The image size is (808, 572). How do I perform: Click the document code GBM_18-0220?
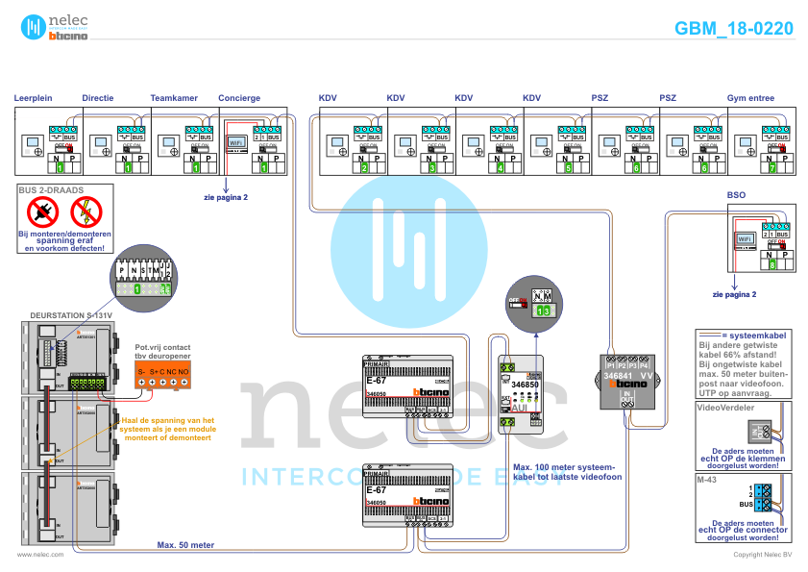[733, 29]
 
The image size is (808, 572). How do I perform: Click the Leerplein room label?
[33, 98]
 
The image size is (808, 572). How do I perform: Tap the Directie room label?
[98, 98]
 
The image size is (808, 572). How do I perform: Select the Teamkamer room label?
[174, 98]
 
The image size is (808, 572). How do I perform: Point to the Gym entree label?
[751, 98]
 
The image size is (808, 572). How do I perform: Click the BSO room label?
[736, 195]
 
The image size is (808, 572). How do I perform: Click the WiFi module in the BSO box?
[744, 238]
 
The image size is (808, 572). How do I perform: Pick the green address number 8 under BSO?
[771, 263]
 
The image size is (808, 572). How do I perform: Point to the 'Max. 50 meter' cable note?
[185, 544]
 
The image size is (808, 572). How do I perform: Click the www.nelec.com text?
[40, 555]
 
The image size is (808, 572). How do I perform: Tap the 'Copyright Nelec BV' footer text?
[762, 555]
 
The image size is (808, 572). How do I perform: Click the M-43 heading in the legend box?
[708, 478]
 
